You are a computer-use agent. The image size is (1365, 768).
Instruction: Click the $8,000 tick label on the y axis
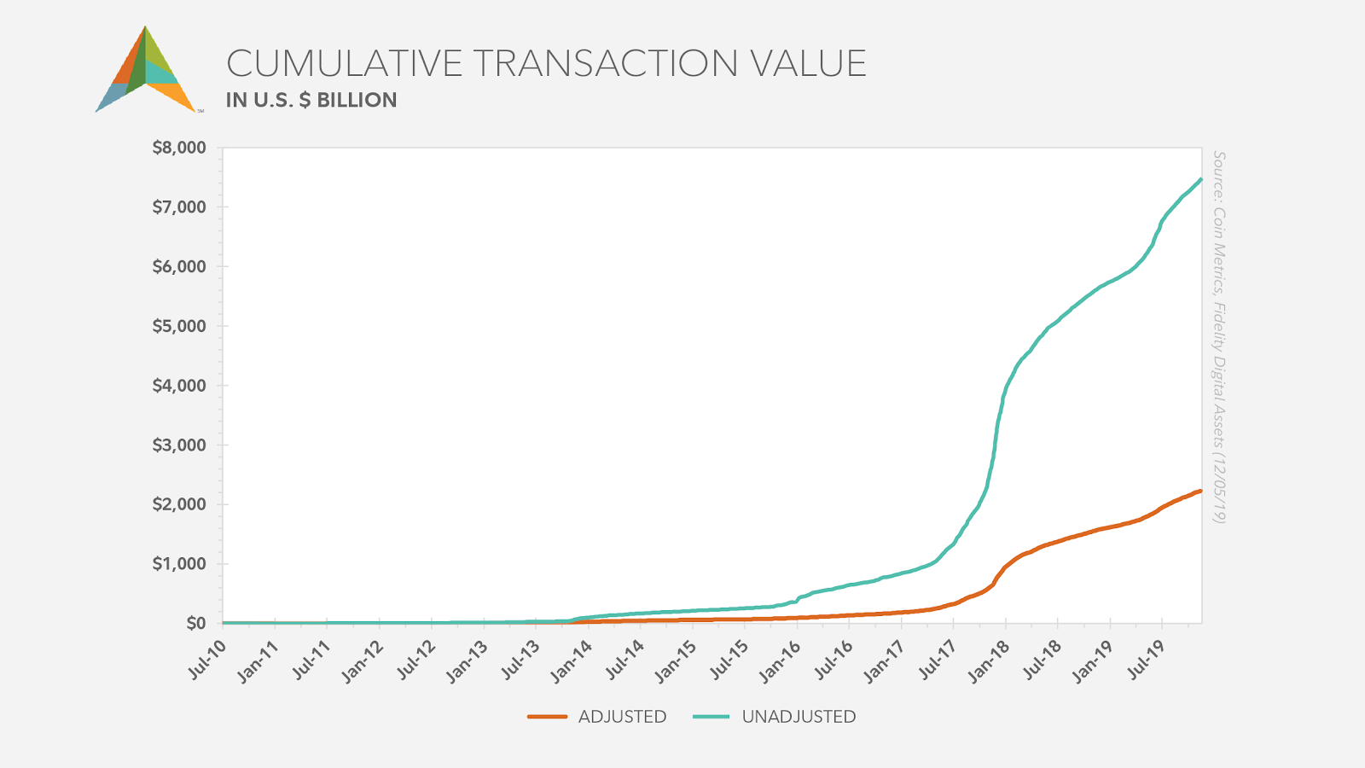[179, 148]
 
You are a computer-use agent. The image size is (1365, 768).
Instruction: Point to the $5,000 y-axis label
[179, 326]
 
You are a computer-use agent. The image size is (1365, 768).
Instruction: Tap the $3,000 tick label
[179, 445]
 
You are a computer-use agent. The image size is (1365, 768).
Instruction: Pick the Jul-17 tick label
[938, 660]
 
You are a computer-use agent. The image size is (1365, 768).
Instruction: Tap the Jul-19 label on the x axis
[1147, 660]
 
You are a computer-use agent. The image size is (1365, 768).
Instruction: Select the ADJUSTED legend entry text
[622, 717]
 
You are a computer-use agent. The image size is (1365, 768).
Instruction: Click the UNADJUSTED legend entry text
[799, 717]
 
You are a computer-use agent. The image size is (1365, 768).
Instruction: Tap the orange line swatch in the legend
[547, 717]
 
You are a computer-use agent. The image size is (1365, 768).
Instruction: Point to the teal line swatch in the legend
[711, 717]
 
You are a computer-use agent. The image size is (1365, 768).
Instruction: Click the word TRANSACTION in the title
[606, 64]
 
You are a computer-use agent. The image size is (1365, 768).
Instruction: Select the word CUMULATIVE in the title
[345, 64]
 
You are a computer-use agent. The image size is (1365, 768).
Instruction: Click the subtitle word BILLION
[357, 101]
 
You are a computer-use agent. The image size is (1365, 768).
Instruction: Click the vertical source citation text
[1219, 337]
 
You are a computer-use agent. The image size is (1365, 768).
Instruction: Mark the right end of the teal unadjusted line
[1200, 179]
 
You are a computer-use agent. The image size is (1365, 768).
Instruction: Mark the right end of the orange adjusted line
[1200, 491]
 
